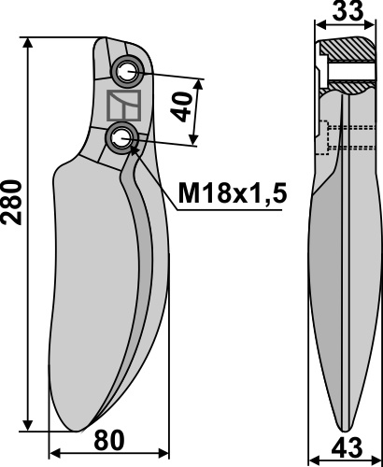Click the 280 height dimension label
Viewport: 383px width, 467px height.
coord(12,202)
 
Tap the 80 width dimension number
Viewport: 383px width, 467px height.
coord(109,441)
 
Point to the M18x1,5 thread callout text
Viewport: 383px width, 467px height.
coord(233,193)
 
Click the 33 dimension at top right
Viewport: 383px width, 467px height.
coord(348,11)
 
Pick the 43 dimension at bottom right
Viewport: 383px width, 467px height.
coord(347,448)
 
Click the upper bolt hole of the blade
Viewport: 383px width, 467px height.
coord(127,71)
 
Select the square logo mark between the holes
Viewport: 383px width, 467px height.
coord(124,106)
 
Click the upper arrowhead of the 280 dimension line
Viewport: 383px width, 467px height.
coord(28,44)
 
